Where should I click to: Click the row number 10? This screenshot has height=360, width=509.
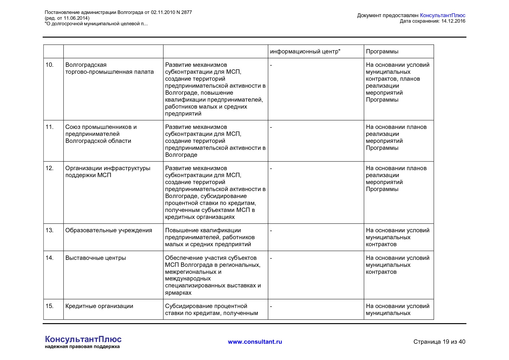[50, 65]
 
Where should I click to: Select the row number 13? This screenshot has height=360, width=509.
[50, 230]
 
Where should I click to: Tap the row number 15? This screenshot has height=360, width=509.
[50, 306]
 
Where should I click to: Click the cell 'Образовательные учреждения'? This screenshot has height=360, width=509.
[109, 230]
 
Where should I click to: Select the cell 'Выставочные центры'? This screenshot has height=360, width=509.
[95, 258]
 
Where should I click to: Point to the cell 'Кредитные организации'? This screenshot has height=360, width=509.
[99, 306]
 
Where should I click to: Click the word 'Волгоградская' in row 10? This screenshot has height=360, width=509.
[86, 65]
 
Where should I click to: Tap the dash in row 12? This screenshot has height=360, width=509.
[271, 168]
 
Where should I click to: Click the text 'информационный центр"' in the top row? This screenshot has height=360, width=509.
[305, 51]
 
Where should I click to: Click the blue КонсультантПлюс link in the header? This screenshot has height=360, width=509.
[442, 15]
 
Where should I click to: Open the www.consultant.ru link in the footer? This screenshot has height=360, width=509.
[255, 342]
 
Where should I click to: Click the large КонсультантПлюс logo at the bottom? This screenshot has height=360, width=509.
[83, 339]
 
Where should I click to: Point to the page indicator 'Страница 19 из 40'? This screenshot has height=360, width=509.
[439, 342]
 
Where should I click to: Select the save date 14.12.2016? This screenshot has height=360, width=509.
[453, 21]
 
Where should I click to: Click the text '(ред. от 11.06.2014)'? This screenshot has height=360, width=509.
[67, 18]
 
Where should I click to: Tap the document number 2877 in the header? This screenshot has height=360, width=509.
[186, 12]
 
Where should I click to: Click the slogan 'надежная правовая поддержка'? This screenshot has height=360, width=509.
[82, 347]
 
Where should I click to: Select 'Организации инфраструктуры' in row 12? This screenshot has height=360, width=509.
[108, 168]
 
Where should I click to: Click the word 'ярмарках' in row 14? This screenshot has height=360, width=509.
[178, 293]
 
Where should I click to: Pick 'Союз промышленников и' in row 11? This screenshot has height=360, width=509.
[101, 127]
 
